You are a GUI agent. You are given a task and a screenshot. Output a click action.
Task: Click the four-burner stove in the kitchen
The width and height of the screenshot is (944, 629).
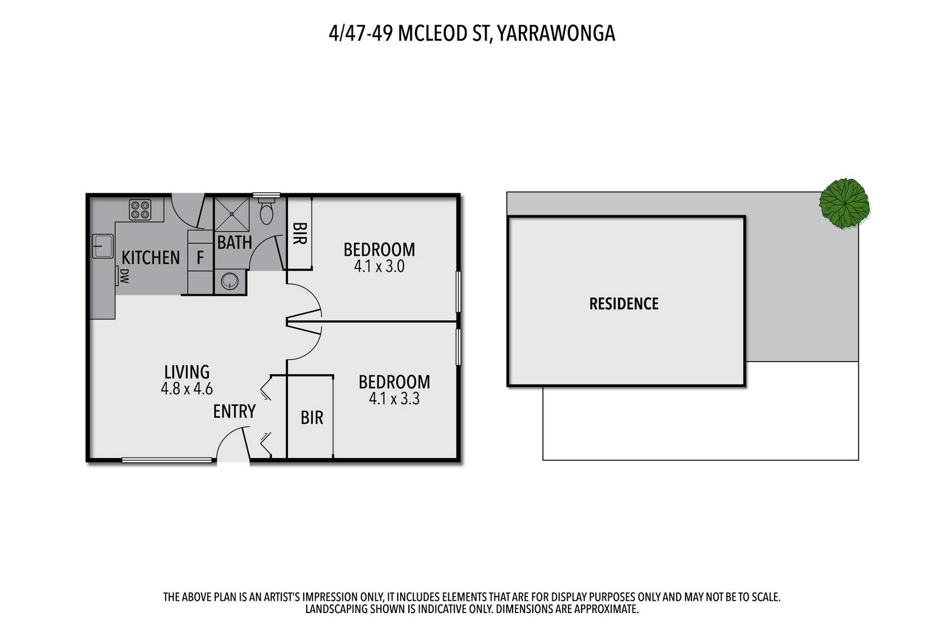click(140, 210)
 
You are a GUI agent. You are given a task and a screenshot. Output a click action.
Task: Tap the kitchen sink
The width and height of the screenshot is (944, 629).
click(103, 246)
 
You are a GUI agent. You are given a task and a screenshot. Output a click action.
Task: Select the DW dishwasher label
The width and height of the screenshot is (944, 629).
click(124, 276)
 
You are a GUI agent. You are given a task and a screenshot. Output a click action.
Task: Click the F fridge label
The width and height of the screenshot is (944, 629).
click(200, 257)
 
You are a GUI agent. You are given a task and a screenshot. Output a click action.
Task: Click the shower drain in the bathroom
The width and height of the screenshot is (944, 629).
click(232, 215)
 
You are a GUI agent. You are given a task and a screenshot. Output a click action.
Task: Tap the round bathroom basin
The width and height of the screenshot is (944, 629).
click(230, 281)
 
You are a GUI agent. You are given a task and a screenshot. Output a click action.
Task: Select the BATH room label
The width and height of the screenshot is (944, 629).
click(234, 242)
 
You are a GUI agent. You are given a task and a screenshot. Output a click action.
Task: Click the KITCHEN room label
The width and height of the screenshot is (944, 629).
click(150, 258)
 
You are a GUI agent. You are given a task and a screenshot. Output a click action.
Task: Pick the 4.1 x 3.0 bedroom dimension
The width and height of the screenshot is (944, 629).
click(379, 266)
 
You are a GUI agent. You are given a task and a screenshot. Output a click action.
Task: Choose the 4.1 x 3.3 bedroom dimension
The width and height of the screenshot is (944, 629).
click(394, 399)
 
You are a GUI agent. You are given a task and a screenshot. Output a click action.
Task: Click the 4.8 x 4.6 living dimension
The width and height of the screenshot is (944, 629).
click(186, 388)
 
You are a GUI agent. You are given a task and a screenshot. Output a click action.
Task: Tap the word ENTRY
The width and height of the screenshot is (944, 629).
click(234, 411)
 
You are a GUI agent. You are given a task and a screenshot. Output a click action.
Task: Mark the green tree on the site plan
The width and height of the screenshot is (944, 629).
click(844, 203)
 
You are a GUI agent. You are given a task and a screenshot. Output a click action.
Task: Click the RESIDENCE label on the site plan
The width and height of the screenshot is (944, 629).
click(624, 304)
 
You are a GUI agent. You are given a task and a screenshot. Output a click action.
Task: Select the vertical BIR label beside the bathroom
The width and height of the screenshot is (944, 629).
click(299, 233)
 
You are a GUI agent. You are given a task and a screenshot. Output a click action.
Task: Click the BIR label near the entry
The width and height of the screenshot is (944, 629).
click(312, 417)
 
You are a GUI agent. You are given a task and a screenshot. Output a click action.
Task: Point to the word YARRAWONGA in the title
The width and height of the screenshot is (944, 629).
click(556, 34)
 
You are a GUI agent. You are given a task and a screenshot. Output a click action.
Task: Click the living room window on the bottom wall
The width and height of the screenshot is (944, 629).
click(167, 460)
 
